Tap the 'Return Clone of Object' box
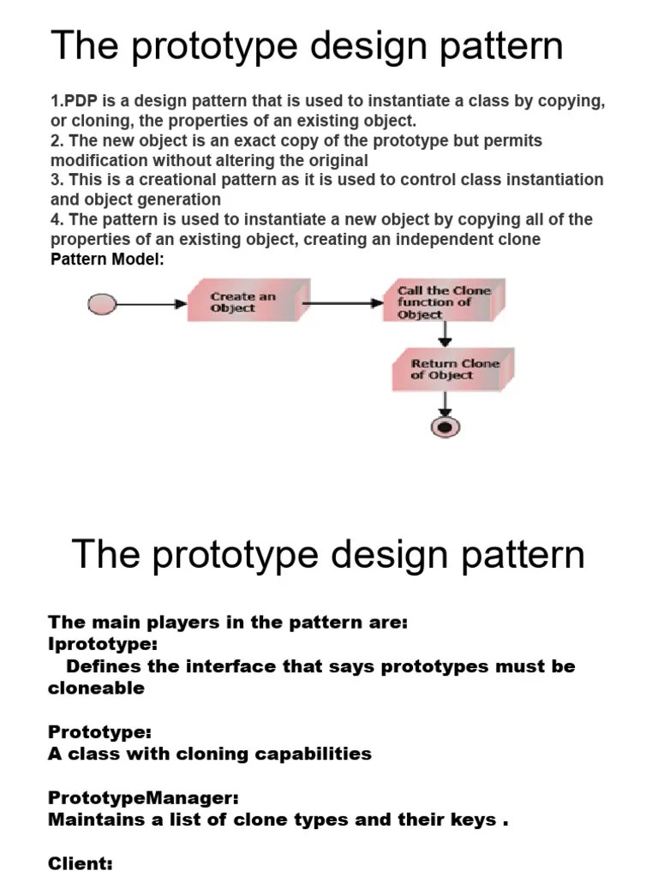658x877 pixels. coord(452,369)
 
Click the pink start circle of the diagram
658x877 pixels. coord(102,303)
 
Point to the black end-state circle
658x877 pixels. coord(445,427)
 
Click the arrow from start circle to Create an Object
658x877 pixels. coord(150,303)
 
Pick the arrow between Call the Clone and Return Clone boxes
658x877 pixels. coord(445,335)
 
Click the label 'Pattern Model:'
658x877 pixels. coord(107,260)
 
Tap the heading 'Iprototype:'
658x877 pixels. coord(103,644)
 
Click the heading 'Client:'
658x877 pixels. coord(81,864)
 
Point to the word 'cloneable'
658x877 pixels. coord(96,689)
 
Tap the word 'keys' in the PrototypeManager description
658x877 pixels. coord(473,820)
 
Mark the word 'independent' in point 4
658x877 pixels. coord(444,239)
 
